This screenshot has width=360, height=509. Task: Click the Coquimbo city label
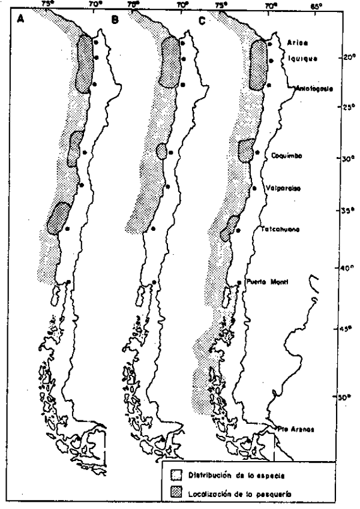pos(286,155)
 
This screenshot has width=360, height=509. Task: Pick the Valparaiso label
pos(284,188)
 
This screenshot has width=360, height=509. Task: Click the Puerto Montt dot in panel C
pos(240,282)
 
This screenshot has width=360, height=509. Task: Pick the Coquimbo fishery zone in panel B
pos(161,150)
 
